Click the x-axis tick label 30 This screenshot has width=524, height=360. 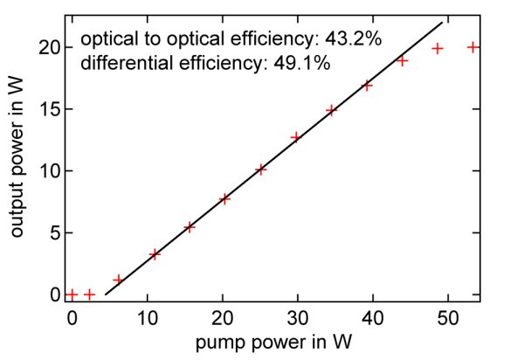point(297,318)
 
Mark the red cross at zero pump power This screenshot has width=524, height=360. point(72,294)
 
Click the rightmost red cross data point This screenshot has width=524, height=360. point(472,47)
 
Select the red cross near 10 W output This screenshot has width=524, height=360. point(260,170)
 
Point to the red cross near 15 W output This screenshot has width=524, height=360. point(331,110)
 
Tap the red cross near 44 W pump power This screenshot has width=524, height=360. point(403,60)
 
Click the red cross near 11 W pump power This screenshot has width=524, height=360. point(155,254)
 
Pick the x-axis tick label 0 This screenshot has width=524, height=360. point(72,318)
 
